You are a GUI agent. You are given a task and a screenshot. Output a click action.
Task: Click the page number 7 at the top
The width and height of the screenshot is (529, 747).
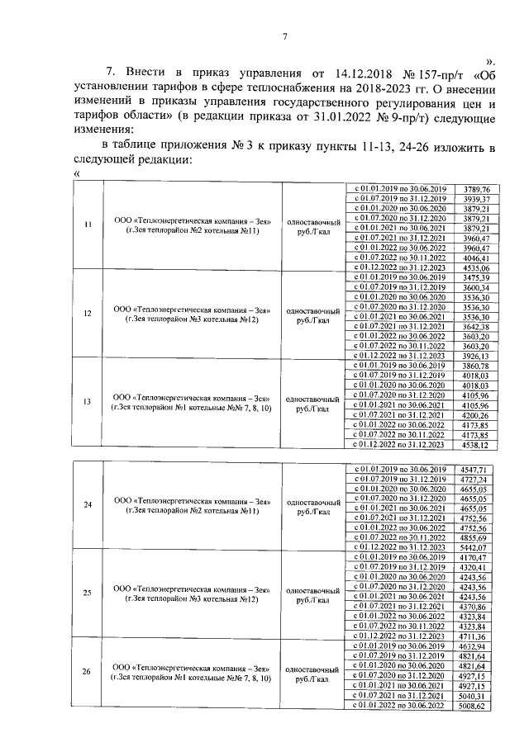[x=284, y=36]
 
